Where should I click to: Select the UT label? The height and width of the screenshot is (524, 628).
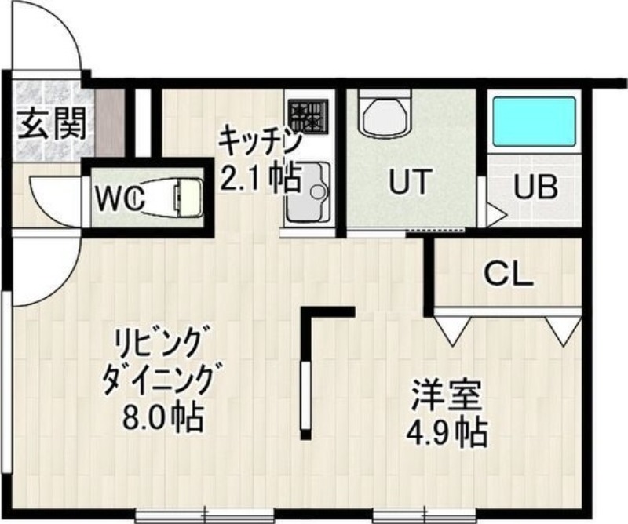[410, 182]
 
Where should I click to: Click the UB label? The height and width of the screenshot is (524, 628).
[535, 187]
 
